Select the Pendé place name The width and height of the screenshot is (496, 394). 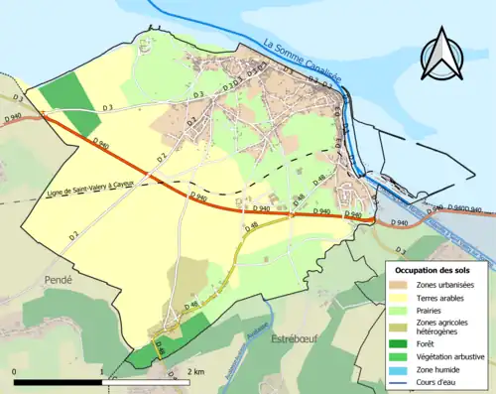[59, 281]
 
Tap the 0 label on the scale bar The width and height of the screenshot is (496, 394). [14, 371]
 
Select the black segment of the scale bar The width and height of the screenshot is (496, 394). [58, 380]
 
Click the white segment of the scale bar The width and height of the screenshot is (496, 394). [145, 380]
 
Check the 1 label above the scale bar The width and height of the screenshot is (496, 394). [101, 371]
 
